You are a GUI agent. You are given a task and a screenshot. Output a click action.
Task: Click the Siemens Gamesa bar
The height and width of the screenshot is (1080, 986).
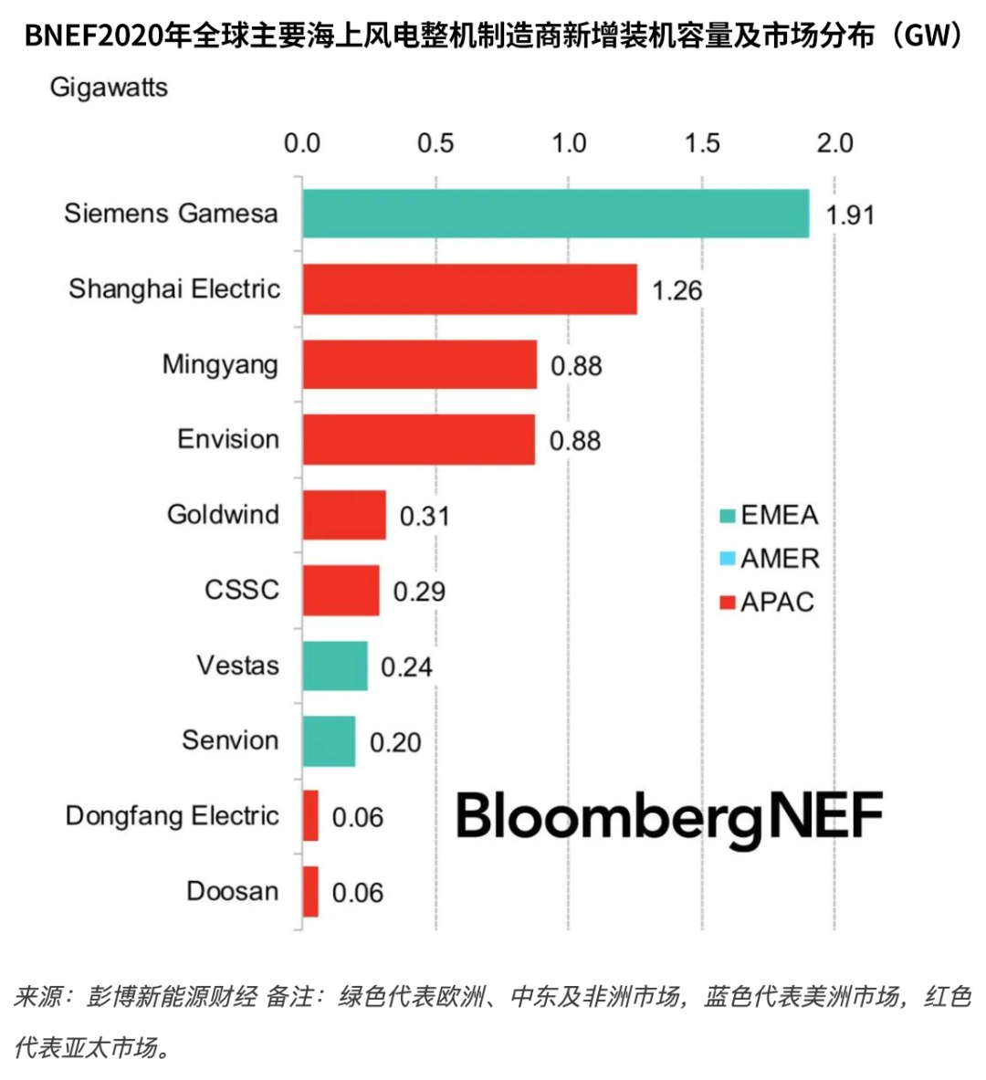click(x=555, y=214)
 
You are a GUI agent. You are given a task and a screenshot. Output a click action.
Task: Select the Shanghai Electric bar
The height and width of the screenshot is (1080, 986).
click(x=469, y=289)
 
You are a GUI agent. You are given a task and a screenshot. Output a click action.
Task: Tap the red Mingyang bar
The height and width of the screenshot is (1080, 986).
click(x=419, y=364)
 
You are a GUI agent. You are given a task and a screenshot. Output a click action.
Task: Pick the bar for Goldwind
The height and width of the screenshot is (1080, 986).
click(x=344, y=515)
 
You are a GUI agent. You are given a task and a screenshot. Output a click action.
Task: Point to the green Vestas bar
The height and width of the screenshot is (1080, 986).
click(x=335, y=666)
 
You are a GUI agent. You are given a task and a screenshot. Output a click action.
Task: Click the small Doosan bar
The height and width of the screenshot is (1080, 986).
click(x=310, y=891)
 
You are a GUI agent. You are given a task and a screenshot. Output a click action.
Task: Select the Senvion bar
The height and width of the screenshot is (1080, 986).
click(x=329, y=740)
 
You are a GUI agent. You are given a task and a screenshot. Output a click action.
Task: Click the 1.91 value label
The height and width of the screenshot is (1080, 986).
click(x=849, y=215)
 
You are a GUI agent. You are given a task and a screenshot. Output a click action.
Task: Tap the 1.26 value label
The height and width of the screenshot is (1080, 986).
click(x=677, y=290)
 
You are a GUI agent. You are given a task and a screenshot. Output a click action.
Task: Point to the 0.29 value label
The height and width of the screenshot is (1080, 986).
click(x=419, y=592)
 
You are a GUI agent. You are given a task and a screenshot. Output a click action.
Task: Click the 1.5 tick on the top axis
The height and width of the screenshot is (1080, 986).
click(x=702, y=143)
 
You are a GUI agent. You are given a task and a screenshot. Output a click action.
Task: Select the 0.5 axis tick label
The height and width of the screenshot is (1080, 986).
click(x=435, y=143)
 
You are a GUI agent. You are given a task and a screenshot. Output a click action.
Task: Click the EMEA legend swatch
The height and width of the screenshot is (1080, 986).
click(x=727, y=516)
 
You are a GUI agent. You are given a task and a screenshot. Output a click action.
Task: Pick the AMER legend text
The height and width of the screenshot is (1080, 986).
click(x=780, y=559)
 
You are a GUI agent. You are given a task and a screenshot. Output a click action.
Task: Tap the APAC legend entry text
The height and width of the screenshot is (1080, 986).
click(x=777, y=603)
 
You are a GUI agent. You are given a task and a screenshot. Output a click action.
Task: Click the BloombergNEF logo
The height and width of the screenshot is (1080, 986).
click(x=669, y=816)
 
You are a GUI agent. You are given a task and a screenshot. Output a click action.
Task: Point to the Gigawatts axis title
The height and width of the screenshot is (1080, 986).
click(x=109, y=88)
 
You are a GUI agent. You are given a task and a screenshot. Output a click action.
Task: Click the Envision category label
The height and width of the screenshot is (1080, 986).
click(x=228, y=439)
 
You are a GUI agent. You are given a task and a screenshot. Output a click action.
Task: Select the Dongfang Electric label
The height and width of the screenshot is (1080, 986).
click(x=173, y=815)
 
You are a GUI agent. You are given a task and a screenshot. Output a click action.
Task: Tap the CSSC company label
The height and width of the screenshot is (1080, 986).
click(x=242, y=590)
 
